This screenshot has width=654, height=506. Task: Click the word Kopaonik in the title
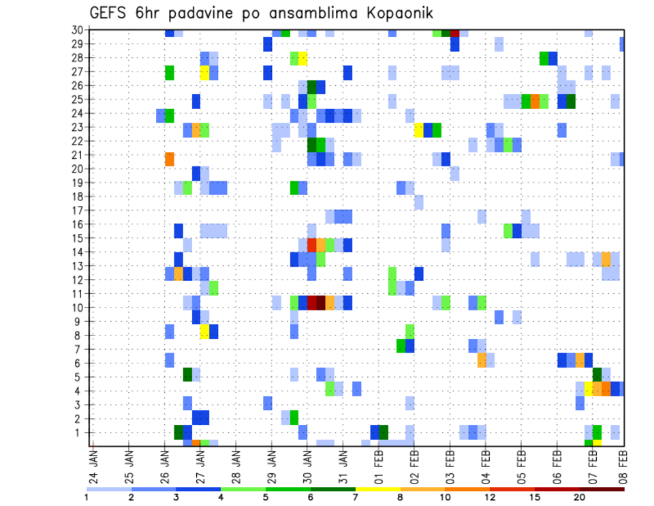coord(400,13)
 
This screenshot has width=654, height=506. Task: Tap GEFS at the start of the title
coord(111,13)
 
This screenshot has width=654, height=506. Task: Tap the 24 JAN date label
coord(93,464)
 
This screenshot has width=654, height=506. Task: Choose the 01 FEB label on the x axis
coord(378,464)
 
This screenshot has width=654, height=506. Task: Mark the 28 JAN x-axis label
coord(236,464)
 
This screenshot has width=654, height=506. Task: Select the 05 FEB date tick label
coord(520,464)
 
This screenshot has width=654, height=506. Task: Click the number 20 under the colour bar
coord(580,497)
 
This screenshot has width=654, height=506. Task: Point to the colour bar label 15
coord(535,497)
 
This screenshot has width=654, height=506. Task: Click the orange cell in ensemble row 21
coord(170,159)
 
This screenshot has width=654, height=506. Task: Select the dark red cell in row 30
coord(454,32)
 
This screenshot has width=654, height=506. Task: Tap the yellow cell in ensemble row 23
coord(419,130)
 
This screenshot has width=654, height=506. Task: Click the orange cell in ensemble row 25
coord(535,102)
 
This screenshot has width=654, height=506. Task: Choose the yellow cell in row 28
coord(303,58)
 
